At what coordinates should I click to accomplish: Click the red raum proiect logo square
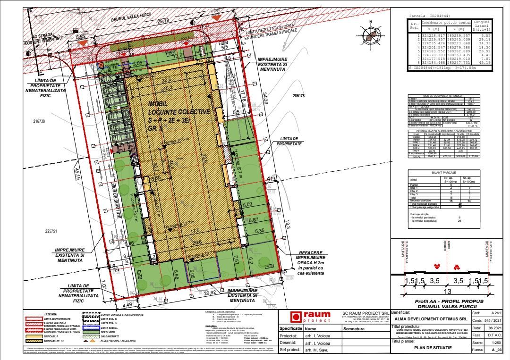(x=296, y=317)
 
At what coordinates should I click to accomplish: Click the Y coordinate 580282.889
(x=457, y=50)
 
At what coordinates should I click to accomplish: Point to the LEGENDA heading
(x=51, y=313)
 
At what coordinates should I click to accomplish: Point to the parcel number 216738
(x=39, y=121)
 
